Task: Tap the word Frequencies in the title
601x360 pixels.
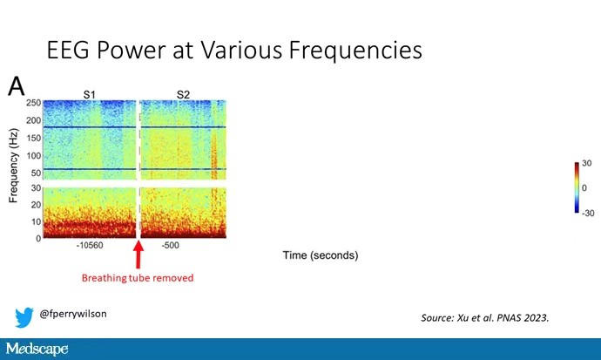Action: pyautogui.click(x=355, y=51)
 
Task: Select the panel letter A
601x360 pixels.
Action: pyautogui.click(x=16, y=86)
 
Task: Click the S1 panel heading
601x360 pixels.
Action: pyautogui.click(x=90, y=94)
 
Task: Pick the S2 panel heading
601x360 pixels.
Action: pyautogui.click(x=183, y=94)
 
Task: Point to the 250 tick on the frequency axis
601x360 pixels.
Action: pyautogui.click(x=33, y=103)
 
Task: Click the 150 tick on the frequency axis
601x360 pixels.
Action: pyautogui.click(x=33, y=138)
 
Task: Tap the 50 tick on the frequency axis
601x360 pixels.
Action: pyautogui.click(x=36, y=173)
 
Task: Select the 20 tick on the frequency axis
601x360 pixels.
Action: pyautogui.click(x=36, y=205)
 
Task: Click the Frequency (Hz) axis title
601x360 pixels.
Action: pyautogui.click(x=13, y=166)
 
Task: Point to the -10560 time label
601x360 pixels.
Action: pyautogui.click(x=90, y=245)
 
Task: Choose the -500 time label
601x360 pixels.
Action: pyautogui.click(x=170, y=245)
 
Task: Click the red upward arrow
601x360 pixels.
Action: pyautogui.click(x=138, y=255)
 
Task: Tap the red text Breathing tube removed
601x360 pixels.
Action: pyautogui.click(x=138, y=278)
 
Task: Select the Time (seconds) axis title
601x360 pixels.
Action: pyautogui.click(x=321, y=255)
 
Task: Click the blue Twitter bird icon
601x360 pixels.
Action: pyautogui.click(x=24, y=317)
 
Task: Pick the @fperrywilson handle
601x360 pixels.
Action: pyautogui.click(x=73, y=314)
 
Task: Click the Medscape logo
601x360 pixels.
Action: pyautogui.click(x=37, y=349)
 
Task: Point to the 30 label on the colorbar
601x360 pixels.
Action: pyautogui.click(x=586, y=163)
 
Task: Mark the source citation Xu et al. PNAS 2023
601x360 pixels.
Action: pyautogui.click(x=485, y=318)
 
